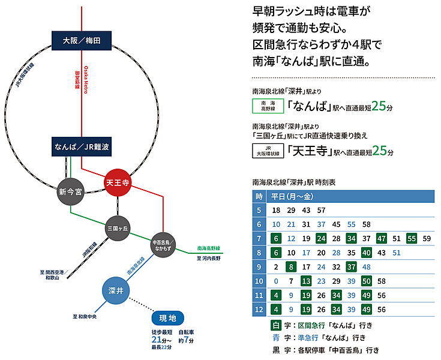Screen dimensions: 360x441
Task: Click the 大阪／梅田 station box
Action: point(82,40)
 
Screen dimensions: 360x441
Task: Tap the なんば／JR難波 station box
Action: point(82,146)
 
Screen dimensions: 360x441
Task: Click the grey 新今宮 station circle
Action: point(71,191)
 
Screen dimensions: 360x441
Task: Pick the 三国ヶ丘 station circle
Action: point(118,228)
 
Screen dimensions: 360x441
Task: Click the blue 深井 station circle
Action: point(116,291)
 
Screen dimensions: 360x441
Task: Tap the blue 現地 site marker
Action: point(167,318)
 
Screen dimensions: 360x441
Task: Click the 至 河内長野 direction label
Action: point(209,258)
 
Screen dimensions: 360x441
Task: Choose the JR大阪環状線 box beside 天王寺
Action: point(267,150)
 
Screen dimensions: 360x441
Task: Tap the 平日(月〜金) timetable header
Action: point(291,197)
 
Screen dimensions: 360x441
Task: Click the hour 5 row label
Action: point(259,211)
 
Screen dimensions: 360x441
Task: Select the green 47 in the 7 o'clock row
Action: point(380,238)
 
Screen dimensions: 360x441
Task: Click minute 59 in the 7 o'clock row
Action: point(427,238)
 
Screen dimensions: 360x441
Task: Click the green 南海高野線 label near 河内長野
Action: point(209,248)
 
